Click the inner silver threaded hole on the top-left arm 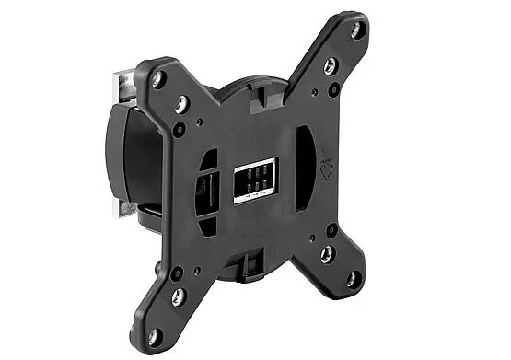click(185, 104)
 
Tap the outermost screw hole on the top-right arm click(356, 30)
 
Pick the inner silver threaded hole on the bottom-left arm click(179, 296)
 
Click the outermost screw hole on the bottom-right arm click(352, 278)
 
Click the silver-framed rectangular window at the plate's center click(254, 180)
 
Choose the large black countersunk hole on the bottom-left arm click(176, 273)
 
